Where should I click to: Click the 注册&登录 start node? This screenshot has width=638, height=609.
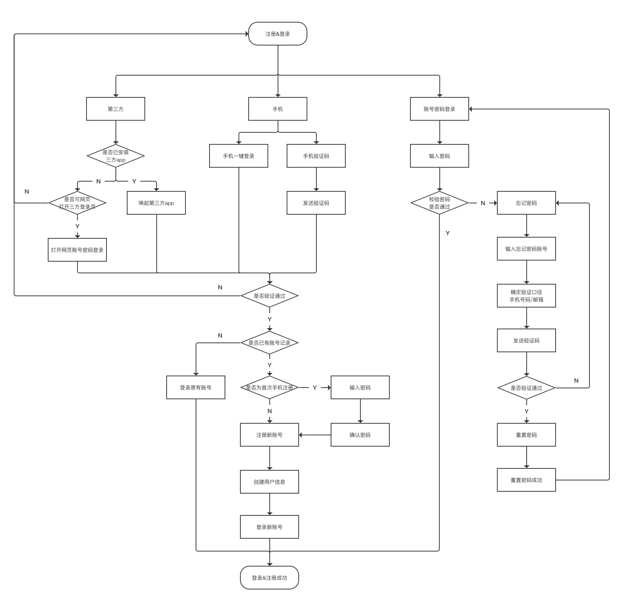(278, 34)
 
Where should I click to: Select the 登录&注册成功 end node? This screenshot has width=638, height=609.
(269, 577)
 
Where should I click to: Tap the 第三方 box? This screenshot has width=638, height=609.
(115, 109)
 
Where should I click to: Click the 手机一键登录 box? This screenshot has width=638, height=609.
(238, 156)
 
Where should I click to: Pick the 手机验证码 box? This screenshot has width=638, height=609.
(316, 156)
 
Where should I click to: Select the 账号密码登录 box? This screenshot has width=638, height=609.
(439, 109)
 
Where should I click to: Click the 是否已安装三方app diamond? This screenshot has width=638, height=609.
(115, 156)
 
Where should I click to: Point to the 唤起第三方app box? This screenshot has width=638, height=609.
(156, 203)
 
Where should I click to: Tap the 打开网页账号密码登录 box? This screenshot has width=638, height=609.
(77, 250)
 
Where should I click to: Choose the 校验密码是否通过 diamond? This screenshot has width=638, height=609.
(439, 203)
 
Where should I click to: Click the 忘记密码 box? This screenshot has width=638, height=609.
(526, 203)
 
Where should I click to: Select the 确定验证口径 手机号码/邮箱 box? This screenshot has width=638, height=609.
(526, 296)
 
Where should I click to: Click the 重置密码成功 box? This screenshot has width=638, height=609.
(526, 480)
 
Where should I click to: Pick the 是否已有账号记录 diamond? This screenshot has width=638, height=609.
(269, 343)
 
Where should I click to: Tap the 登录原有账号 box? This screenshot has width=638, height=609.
(196, 388)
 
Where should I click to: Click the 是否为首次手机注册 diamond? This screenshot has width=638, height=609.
(269, 388)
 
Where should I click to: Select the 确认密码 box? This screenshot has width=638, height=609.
(360, 435)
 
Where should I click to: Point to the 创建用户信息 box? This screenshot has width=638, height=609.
(269, 482)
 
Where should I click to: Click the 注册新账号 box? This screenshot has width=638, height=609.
(269, 435)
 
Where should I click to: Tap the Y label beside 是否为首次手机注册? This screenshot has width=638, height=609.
(314, 388)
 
